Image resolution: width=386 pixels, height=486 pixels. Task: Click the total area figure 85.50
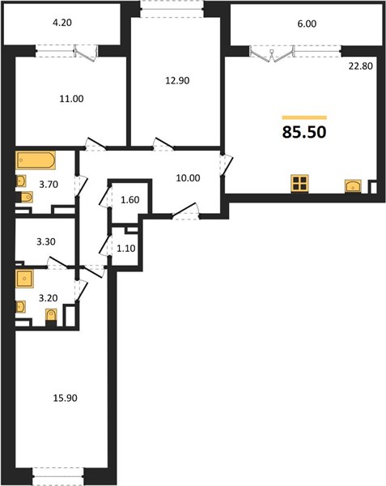tap(304, 132)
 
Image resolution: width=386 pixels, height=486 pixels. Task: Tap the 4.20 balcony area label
tap(62, 23)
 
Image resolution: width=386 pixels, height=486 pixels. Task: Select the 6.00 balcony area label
tap(307, 23)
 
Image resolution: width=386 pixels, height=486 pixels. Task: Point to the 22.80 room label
tap(361, 66)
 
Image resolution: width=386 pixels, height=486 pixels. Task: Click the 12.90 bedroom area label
tap(177, 80)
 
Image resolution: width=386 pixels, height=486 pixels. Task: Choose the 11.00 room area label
tap(71, 99)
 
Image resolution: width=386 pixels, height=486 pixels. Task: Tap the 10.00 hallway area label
tap(188, 178)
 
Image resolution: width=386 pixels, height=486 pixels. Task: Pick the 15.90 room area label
tap(65, 398)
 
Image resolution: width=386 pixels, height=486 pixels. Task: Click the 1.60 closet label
tap(130, 200)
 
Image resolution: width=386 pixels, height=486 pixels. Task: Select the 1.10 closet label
tap(126, 249)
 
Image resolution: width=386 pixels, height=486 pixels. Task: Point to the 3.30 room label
tap(46, 241)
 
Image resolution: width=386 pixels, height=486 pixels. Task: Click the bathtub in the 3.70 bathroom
tap(36, 160)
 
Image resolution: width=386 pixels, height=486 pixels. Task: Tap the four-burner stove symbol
tap(299, 184)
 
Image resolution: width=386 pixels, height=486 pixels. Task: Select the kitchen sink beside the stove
tap(353, 186)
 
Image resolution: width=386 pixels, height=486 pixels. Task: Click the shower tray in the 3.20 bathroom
tap(24, 279)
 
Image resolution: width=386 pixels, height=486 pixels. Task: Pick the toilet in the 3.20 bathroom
tap(51, 315)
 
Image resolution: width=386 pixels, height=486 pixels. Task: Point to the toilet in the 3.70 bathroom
tap(27, 197)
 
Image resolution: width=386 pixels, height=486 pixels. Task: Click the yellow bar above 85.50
tap(304, 117)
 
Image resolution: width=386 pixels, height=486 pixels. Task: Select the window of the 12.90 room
tap(172, 9)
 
